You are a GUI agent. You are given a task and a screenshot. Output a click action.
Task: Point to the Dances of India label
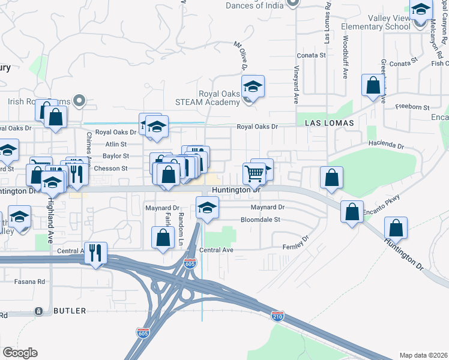(255, 6)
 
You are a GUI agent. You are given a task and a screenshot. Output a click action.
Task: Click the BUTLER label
(70, 311)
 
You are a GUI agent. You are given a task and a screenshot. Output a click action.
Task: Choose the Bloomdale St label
(261, 220)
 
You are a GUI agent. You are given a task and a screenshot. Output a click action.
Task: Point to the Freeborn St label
(412, 107)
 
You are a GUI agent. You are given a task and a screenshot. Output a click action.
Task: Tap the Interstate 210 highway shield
(277, 315)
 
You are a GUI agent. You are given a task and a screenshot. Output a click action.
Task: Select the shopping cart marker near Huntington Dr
(255, 173)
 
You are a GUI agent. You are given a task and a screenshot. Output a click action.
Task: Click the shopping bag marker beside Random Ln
(163, 238)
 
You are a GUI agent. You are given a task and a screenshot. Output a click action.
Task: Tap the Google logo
(20, 353)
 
